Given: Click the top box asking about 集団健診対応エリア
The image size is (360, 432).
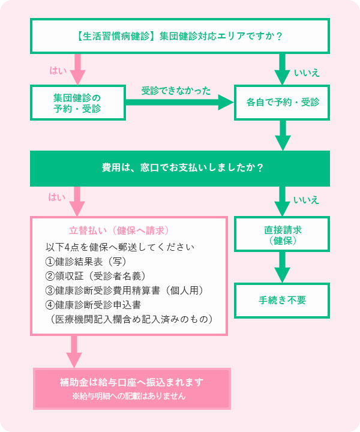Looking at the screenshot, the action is pos(180,36).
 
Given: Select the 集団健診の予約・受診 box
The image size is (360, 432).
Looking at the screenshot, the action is pos(78,103).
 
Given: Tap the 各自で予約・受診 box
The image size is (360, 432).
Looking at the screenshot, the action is pos(282,103).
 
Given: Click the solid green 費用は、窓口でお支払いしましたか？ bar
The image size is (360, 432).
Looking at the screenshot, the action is pos(180,169).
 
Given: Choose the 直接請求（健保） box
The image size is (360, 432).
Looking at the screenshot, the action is pos(282,234).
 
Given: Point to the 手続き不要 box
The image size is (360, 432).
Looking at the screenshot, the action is pos(282,301).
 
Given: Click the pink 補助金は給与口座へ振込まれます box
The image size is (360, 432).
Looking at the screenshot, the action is pos(132,389).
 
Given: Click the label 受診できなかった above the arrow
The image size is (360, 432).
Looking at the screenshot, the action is pos(176,91).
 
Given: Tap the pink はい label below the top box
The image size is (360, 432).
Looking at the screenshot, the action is pos(58,71).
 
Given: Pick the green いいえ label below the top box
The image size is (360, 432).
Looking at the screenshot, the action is pos(307,73).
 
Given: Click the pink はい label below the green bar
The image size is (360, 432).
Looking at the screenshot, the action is pos(57,197).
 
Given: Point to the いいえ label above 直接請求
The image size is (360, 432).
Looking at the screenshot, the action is pos(306,200).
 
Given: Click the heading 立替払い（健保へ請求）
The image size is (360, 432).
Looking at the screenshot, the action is pos(119,230).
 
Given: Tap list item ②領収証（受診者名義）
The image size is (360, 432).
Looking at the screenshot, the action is pos(96,276).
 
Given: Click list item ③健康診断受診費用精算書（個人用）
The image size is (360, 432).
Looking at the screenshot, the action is pos(125,290).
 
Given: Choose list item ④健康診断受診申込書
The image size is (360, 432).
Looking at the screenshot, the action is pos(94,305).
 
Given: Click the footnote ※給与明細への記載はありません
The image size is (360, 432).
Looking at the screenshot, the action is pos(129,396).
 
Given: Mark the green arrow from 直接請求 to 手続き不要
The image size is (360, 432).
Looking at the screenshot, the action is pos(282,267).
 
